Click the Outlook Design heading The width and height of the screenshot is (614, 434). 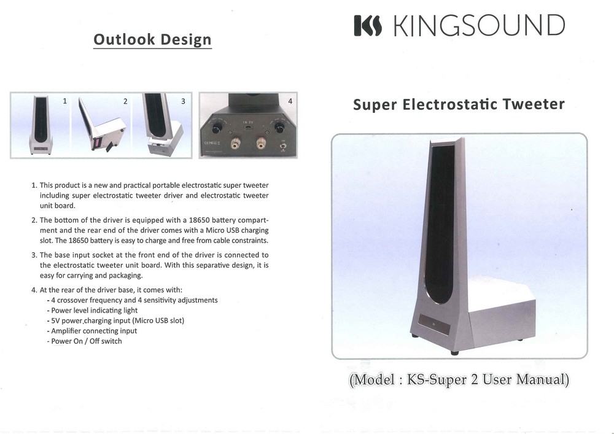pos(152,40)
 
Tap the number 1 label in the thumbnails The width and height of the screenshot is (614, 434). pos(64,100)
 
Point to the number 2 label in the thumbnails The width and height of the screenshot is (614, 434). pos(125,101)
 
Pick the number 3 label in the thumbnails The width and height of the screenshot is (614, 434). pos(182,101)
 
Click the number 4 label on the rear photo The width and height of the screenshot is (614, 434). pos(290,100)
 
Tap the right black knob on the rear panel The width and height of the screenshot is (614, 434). pos(279,127)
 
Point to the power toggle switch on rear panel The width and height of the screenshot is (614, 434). pos(283,145)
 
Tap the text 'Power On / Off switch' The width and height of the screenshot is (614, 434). pos(86,341)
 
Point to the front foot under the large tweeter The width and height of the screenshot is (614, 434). pos(454,352)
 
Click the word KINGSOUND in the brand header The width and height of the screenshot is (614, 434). pos(478,26)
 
